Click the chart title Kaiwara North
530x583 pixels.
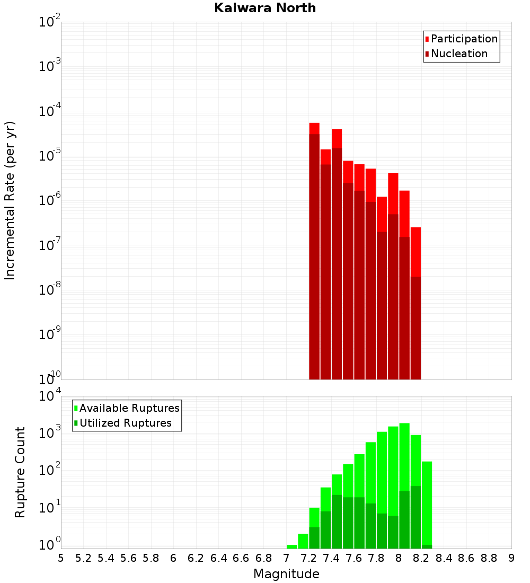265,8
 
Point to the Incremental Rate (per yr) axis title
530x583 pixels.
10,200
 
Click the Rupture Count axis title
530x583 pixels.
20,472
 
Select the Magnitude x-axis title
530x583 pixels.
286,574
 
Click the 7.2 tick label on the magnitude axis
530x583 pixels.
308,558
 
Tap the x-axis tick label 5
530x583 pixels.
61,558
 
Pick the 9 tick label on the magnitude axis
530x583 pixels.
511,558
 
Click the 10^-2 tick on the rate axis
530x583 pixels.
50,22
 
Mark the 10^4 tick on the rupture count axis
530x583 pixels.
50,396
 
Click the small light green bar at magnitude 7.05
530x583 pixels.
291,546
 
